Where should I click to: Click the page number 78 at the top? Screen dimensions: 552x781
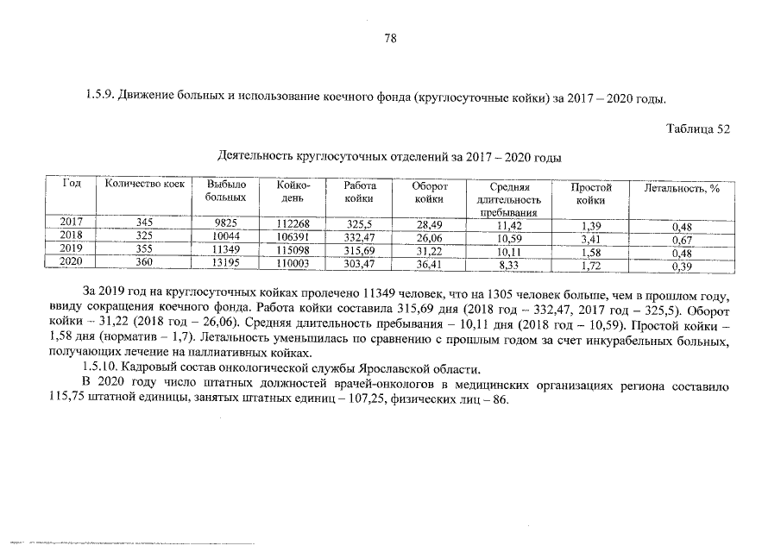point(390,39)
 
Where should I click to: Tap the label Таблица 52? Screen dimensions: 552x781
point(698,129)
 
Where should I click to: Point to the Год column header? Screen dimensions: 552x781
point(72,185)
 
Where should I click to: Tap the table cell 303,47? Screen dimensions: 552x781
point(359,265)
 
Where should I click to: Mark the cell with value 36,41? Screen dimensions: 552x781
point(429,265)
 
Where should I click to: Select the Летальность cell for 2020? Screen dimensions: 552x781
point(683,267)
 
